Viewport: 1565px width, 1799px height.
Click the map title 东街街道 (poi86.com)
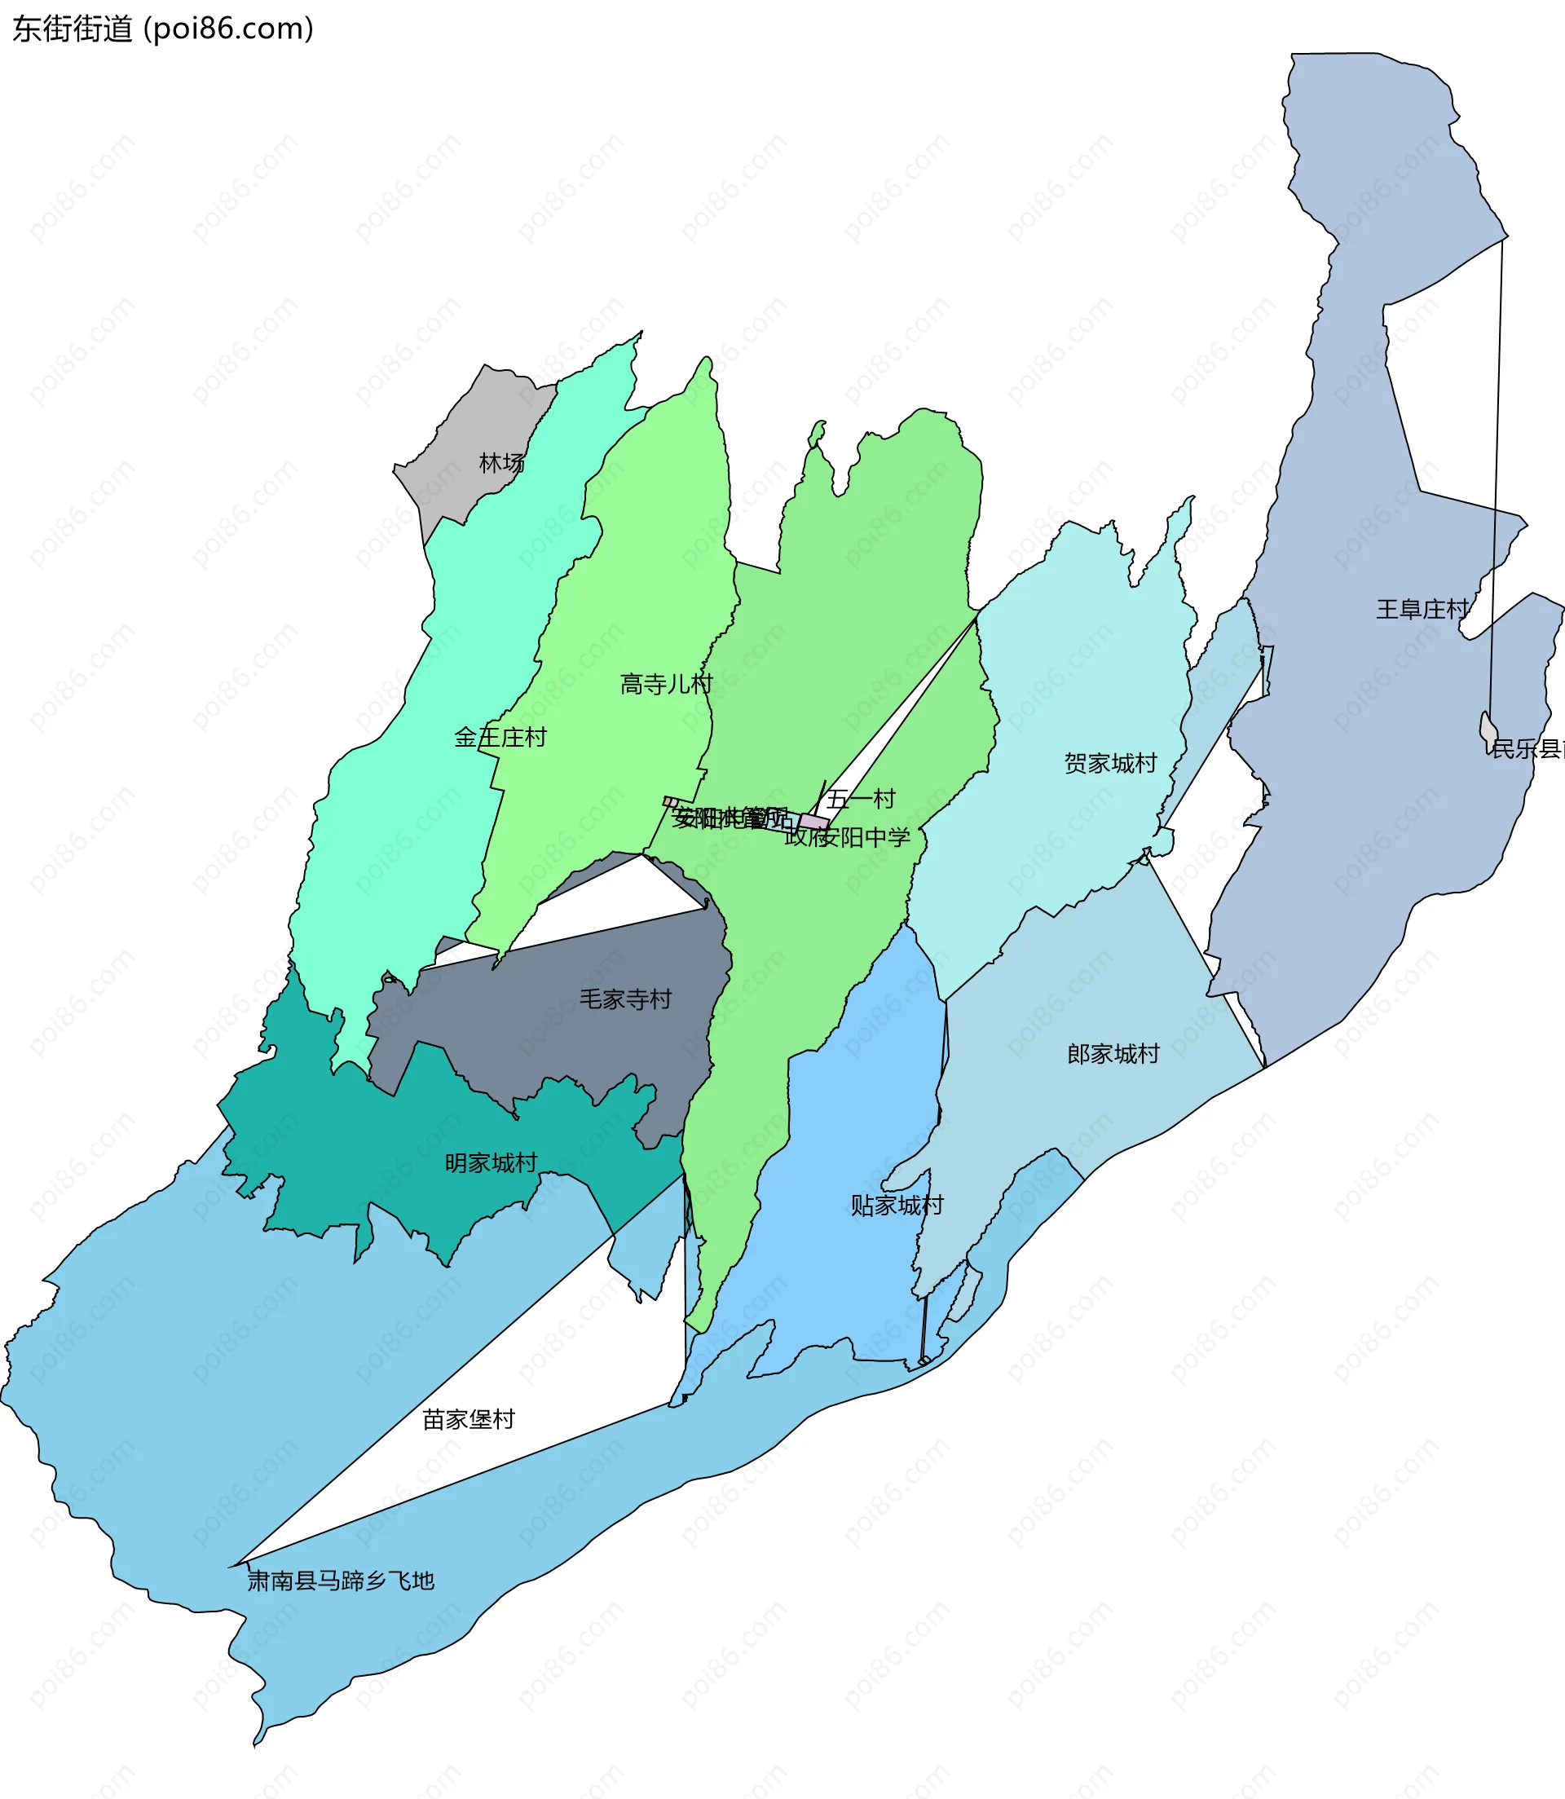[x=162, y=29]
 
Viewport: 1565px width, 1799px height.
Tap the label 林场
[x=501, y=464]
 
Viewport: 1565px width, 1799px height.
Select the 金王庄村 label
[x=500, y=738]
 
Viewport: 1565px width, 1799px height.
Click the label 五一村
[x=861, y=799]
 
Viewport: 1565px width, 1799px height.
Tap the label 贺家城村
[x=1110, y=764]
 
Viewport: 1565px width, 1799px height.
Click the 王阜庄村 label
[x=1422, y=610]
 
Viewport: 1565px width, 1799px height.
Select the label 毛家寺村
[x=625, y=1000]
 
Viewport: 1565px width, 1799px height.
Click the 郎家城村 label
[x=1113, y=1055]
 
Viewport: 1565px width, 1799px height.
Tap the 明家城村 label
[x=490, y=1164]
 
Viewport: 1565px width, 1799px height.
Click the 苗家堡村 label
[x=468, y=1420]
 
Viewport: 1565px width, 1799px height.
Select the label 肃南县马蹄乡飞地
[x=341, y=1581]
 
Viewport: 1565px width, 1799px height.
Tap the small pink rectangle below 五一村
[x=813, y=822]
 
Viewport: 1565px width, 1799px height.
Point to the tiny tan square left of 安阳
[x=669, y=802]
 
